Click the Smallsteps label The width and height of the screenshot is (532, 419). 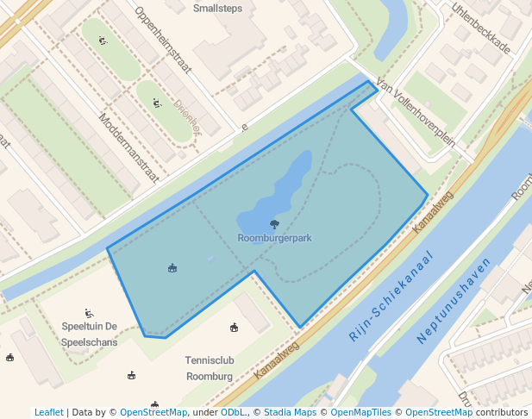217,9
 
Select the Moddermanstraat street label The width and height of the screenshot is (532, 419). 128,147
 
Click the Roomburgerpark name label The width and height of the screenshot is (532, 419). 274,237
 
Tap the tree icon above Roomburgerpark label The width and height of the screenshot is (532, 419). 274,224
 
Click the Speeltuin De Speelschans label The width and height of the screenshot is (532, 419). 89,334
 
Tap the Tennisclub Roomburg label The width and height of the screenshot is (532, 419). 209,368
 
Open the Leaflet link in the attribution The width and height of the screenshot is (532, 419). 48,413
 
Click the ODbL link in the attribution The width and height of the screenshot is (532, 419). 234,413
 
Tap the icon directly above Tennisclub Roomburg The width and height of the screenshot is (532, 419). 234,327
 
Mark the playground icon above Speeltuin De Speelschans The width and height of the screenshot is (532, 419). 89,313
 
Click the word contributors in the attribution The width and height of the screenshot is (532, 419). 502,413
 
